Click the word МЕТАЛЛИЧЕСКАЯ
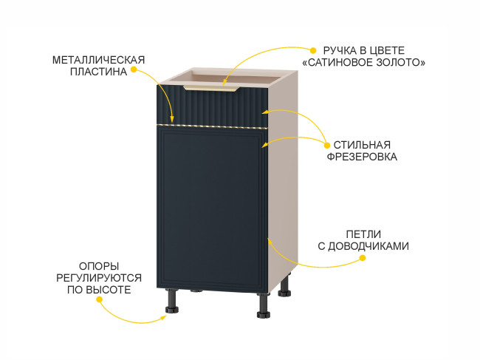click(x=98, y=60)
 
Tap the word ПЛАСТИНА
click(x=98, y=72)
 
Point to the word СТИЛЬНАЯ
click(x=362, y=145)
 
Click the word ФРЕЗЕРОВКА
click(x=362, y=157)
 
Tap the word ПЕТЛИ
click(x=363, y=234)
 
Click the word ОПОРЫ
click(x=99, y=265)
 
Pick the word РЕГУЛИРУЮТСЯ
click(x=99, y=278)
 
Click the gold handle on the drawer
click(x=211, y=89)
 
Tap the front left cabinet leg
click(x=172, y=301)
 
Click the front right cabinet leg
click(x=264, y=305)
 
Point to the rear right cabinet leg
click(x=285, y=285)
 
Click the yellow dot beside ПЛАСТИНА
click(x=134, y=69)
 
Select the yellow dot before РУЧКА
click(x=313, y=50)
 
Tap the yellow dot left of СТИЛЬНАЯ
click(x=327, y=145)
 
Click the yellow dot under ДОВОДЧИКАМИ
click(x=363, y=258)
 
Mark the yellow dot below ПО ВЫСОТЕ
click(x=99, y=299)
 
